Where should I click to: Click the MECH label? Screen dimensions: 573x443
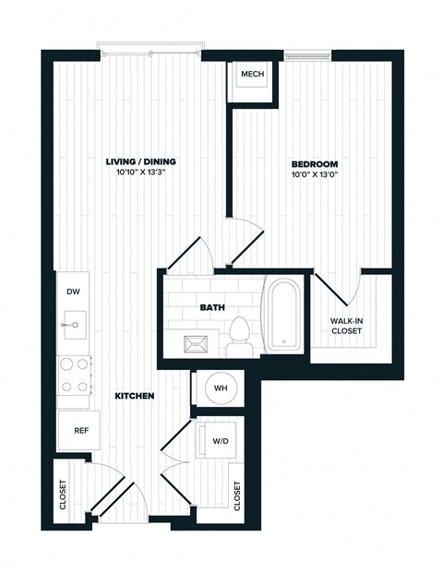[252, 74]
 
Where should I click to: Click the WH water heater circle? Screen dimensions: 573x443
[221, 388]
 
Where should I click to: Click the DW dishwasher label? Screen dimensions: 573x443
[73, 292]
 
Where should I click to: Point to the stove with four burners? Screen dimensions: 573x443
[73, 376]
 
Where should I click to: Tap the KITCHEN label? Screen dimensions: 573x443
[134, 396]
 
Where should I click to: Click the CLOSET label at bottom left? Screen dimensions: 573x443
[64, 494]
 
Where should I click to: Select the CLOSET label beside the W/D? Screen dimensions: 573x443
[237, 496]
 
